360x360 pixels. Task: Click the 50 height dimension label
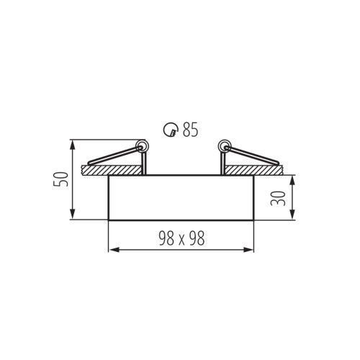[60, 179]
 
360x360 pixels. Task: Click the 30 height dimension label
[278, 198]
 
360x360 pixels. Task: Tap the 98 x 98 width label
[181, 238]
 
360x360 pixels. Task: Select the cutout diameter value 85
[191, 130]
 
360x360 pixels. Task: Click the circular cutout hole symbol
[171, 130]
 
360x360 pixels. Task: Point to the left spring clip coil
[141, 145]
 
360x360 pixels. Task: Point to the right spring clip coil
[225, 145]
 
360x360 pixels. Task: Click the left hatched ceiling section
[112, 170]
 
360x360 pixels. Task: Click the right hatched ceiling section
[253, 170]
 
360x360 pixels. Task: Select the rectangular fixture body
[181, 197]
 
